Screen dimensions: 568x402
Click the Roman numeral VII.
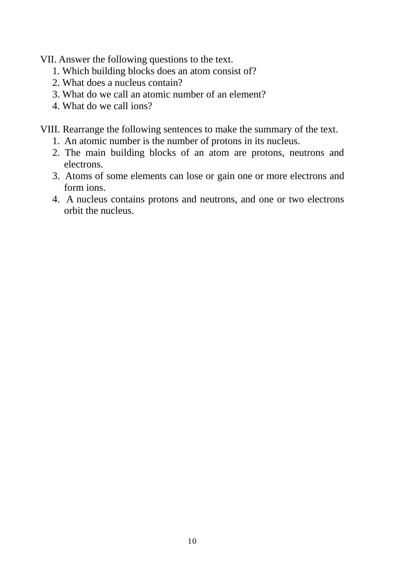point(49,60)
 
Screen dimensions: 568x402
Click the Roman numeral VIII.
point(50,130)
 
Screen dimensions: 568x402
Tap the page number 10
point(192,541)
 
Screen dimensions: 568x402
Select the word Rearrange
point(84,130)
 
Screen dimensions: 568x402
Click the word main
point(96,153)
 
